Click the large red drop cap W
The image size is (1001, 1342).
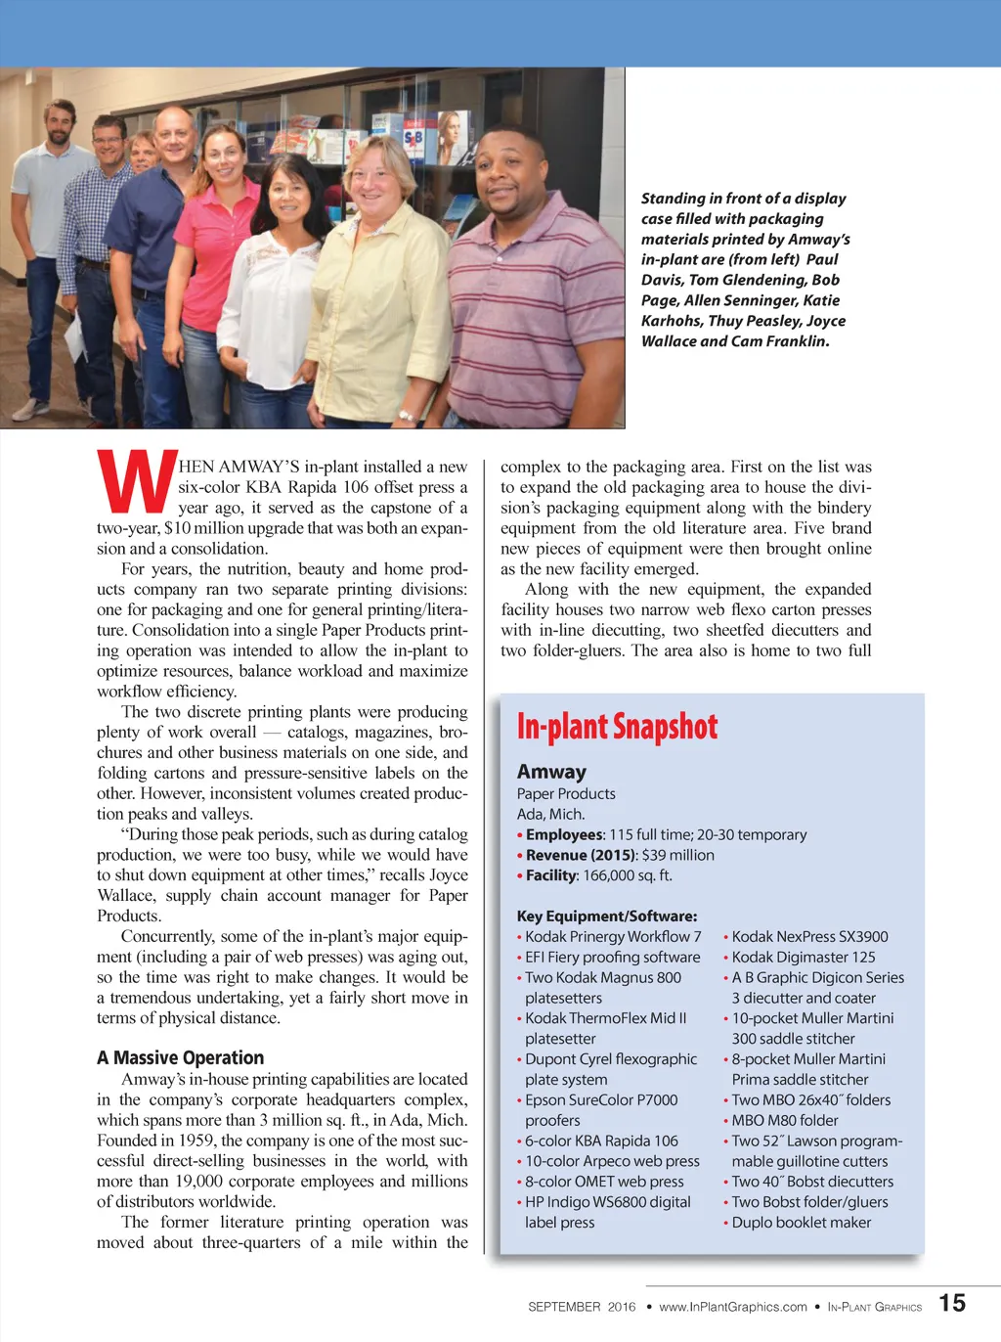(136, 482)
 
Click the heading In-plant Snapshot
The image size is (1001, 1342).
(617, 727)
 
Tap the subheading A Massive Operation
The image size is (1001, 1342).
(180, 1057)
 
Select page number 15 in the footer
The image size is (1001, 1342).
(952, 1303)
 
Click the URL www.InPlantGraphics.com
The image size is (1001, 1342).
(733, 1307)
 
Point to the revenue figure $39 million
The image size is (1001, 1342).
(677, 855)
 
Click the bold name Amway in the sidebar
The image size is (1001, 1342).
(551, 772)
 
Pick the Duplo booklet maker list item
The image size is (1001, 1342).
(801, 1223)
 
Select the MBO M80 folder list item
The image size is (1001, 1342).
(784, 1120)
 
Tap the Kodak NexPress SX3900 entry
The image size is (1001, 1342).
(809, 936)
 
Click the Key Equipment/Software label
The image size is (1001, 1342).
(607, 917)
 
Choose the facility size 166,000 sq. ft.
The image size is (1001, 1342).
(627, 875)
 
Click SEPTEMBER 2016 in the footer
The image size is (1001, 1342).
(581, 1307)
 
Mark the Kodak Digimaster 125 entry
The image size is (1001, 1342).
(803, 957)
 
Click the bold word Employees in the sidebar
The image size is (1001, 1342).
(564, 834)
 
